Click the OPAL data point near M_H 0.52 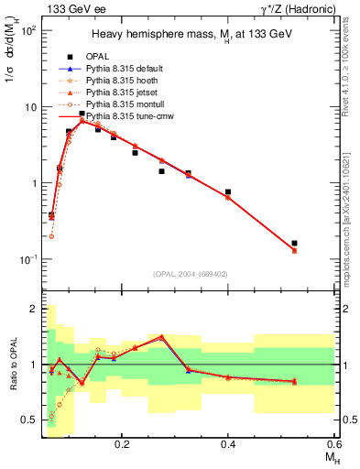pyautogui.click(x=294, y=244)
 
